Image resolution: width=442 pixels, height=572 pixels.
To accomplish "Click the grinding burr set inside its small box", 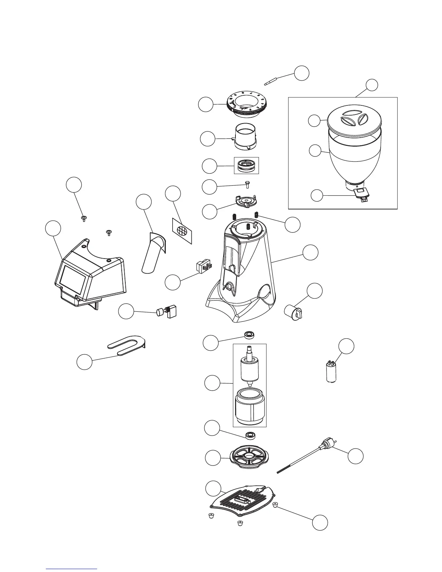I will click(x=247, y=165).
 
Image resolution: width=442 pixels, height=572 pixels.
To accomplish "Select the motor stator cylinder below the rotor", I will click(x=250, y=406).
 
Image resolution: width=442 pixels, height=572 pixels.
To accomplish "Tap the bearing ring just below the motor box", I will click(x=250, y=435).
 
